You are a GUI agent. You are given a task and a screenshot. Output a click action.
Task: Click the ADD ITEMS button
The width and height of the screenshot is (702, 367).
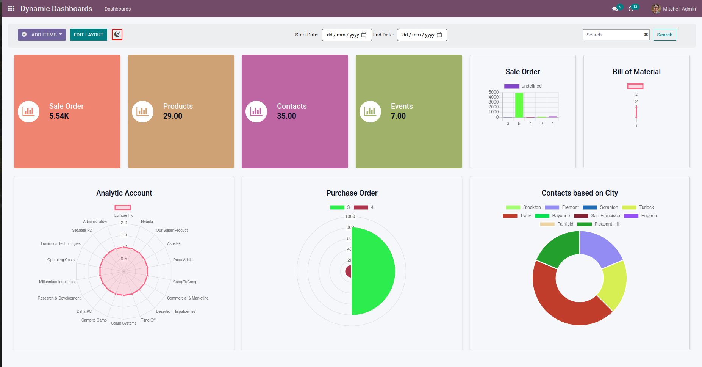pyautogui.click(x=42, y=35)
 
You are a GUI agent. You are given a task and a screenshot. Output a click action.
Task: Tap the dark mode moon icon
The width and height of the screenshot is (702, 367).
pyautogui.click(x=117, y=35)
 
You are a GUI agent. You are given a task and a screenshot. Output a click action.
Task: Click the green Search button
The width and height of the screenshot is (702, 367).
pyautogui.click(x=664, y=35)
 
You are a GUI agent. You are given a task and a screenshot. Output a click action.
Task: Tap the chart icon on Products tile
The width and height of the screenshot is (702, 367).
pyautogui.click(x=142, y=111)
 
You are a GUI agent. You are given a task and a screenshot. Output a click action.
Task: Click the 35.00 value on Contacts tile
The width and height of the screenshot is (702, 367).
pyautogui.click(x=286, y=116)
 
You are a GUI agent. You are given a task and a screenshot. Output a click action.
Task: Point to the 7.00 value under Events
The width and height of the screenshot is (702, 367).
pyautogui.click(x=398, y=116)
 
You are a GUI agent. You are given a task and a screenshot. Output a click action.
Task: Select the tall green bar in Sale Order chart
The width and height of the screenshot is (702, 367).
pyautogui.click(x=519, y=105)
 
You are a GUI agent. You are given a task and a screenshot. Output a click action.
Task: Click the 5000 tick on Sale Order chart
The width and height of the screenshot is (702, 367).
pyautogui.click(x=493, y=92)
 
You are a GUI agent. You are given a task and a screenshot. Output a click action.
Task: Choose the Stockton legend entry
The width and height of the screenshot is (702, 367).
pyautogui.click(x=524, y=207)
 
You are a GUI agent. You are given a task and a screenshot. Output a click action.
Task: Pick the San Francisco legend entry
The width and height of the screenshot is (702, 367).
pyautogui.click(x=597, y=216)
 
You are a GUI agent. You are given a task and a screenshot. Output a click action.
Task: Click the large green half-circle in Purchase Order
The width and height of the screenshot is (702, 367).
pyautogui.click(x=373, y=271)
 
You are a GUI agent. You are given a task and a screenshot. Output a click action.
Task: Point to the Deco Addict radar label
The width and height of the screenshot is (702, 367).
pyautogui.click(x=183, y=260)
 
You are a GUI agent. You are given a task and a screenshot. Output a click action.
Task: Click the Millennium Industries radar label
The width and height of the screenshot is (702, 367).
pyautogui.click(x=57, y=282)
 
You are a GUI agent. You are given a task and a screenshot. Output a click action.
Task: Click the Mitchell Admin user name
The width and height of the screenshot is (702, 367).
pyautogui.click(x=679, y=9)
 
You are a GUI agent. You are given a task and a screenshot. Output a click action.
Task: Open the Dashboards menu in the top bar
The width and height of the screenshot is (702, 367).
pyautogui.click(x=117, y=9)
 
